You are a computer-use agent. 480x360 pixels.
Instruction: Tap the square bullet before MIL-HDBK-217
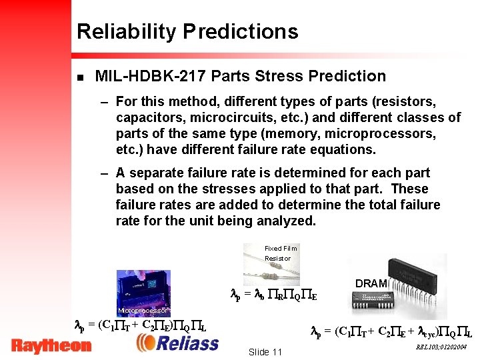[x=80, y=77]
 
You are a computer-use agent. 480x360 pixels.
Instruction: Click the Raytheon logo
[x=51, y=345]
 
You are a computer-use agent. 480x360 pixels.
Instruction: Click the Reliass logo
[x=178, y=343]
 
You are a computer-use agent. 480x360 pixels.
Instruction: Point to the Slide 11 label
[x=265, y=352]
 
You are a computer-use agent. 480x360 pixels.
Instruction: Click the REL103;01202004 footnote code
[x=441, y=347]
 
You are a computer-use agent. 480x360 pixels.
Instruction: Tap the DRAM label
[x=371, y=283]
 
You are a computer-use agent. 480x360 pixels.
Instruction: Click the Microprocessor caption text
[x=141, y=311]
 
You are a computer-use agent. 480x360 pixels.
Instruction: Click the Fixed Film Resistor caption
[x=280, y=253]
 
